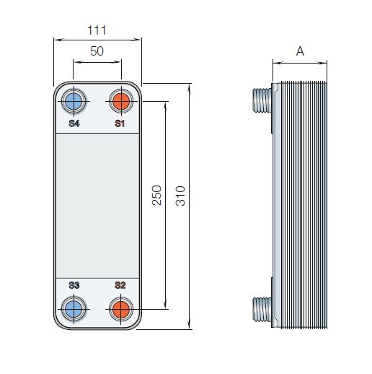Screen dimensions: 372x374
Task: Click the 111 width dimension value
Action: tap(97, 30)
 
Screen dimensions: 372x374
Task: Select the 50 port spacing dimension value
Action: tap(97, 51)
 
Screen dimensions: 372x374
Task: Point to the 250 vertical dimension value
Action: tap(156, 195)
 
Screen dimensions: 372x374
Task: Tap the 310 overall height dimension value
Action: tap(180, 196)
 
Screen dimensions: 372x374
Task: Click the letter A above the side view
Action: tap(300, 51)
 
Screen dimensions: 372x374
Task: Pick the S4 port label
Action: tap(74, 123)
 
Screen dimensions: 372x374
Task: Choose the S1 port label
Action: tap(120, 123)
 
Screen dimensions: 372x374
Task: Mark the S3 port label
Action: tap(74, 285)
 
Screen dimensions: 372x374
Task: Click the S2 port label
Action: tap(120, 285)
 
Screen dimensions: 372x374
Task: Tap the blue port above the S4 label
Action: tap(74, 101)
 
